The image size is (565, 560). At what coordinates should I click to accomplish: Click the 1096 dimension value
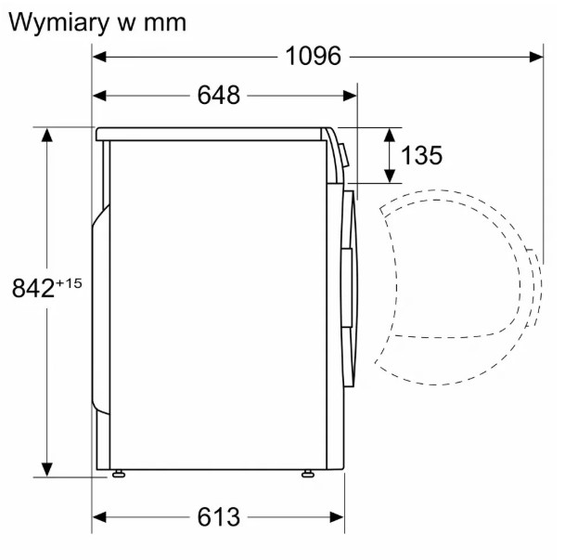click(313, 57)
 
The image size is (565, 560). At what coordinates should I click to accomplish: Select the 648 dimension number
click(218, 96)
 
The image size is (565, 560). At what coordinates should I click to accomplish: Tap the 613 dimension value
click(218, 517)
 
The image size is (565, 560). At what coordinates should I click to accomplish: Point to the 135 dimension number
click(421, 155)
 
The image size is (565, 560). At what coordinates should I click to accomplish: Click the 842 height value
click(33, 289)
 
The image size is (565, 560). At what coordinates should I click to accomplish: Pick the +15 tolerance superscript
click(69, 283)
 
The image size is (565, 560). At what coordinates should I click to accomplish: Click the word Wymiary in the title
click(58, 23)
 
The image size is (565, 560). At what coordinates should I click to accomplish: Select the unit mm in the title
click(165, 24)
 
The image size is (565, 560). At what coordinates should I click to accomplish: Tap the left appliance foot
click(119, 474)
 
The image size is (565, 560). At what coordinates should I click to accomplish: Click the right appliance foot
click(308, 474)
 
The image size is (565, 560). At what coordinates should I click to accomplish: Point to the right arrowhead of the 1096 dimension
click(536, 57)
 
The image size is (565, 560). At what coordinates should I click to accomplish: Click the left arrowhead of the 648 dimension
click(99, 96)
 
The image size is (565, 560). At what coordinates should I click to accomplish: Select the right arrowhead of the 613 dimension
click(337, 517)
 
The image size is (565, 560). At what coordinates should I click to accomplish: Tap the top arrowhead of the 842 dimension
click(46, 135)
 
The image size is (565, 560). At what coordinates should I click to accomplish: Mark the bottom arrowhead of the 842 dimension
click(46, 470)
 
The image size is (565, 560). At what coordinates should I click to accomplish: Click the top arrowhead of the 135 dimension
click(389, 135)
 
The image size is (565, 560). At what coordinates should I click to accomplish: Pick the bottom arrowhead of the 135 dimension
click(389, 176)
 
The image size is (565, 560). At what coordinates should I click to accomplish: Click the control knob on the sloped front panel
click(344, 155)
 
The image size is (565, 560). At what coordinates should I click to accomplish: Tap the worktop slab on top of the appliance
click(209, 134)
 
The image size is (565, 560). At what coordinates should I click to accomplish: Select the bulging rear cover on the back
click(100, 310)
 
